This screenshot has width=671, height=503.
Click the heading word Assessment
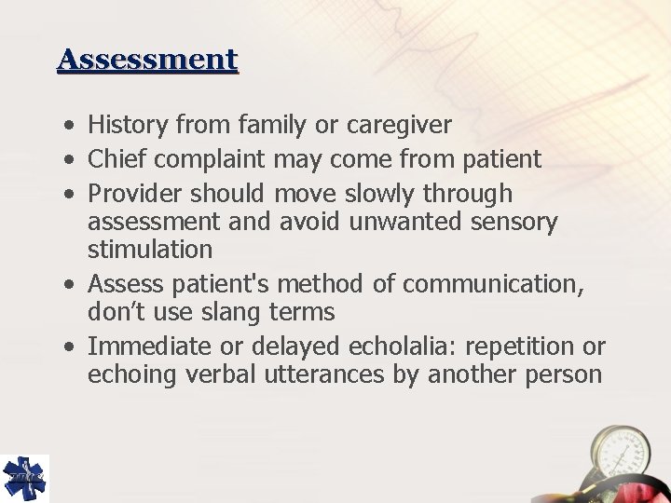tap(147, 61)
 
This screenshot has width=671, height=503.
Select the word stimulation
tap(150, 250)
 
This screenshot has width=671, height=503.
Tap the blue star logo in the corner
tap(24, 478)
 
